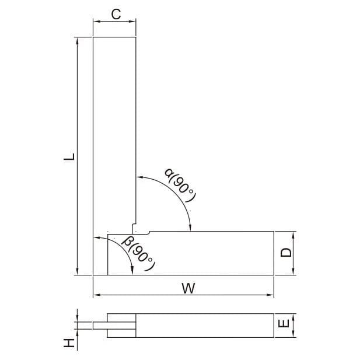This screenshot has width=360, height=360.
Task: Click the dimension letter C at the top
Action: [x=116, y=15]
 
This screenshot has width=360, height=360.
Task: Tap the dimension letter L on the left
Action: [x=68, y=156]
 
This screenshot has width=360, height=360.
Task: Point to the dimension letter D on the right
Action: [x=286, y=253]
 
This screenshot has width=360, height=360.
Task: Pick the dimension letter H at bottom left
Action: [x=69, y=342]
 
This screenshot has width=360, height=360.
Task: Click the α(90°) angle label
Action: [x=179, y=186]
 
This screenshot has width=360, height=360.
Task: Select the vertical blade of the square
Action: [x=114, y=134]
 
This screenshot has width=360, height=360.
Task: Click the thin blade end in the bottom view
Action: [x=99, y=326]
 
